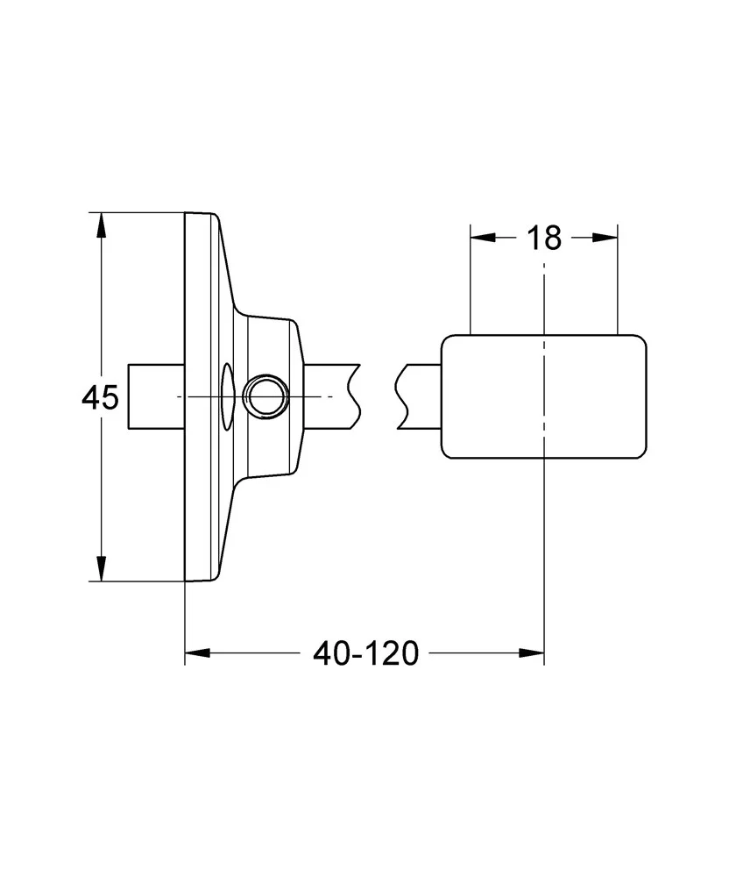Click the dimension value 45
point(101,397)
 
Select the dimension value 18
point(544,239)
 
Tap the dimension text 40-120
point(366,653)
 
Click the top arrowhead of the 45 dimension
point(101,225)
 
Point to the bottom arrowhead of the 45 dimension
point(101,568)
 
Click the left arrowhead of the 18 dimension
point(483,238)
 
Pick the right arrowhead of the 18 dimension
point(605,238)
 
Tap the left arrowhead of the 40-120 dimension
point(197,652)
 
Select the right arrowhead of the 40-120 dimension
point(531,652)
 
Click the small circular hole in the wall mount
point(266,396)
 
